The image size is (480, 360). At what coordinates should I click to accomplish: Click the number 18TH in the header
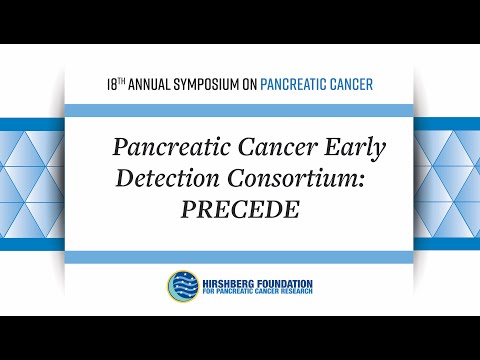tap(115, 84)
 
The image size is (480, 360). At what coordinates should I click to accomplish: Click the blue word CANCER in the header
tap(353, 84)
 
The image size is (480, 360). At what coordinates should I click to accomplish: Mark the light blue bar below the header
tap(240, 107)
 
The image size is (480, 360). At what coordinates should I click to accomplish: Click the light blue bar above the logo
tap(240, 257)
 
